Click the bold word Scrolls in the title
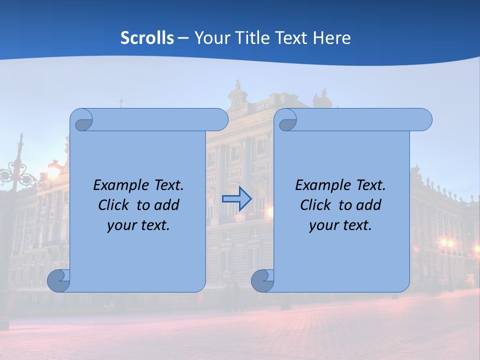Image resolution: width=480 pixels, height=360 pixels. pyautogui.click(x=147, y=38)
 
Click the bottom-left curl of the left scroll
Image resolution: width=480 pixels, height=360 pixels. pyautogui.click(x=59, y=281)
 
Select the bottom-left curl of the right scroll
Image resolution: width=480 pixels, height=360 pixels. pyautogui.click(x=262, y=281)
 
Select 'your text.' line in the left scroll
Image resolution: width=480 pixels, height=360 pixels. pyautogui.click(x=138, y=225)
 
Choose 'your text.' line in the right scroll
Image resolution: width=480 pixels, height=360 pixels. pyautogui.click(x=340, y=225)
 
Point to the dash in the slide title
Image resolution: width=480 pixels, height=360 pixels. pyautogui.click(x=183, y=38)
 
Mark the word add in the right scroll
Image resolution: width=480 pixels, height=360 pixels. pyautogui.click(x=369, y=205)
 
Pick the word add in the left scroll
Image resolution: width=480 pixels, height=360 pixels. pyautogui.click(x=167, y=205)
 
